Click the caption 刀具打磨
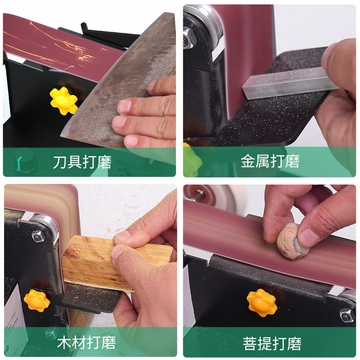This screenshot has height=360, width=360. (x=82, y=162)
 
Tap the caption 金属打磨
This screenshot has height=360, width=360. (x=270, y=162)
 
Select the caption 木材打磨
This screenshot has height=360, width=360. (x=86, y=342)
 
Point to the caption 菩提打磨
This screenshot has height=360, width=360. (x=272, y=344)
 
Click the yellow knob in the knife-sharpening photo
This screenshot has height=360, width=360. (x=63, y=101)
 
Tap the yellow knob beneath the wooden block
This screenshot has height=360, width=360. (x=36, y=301)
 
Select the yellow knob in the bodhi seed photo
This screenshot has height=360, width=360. (x=261, y=302)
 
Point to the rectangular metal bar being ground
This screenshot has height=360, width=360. (x=288, y=83)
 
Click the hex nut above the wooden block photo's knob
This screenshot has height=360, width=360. (x=38, y=235)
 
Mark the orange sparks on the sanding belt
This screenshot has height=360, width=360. (x=67, y=49)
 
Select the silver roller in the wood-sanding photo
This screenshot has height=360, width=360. (x=47, y=225)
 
